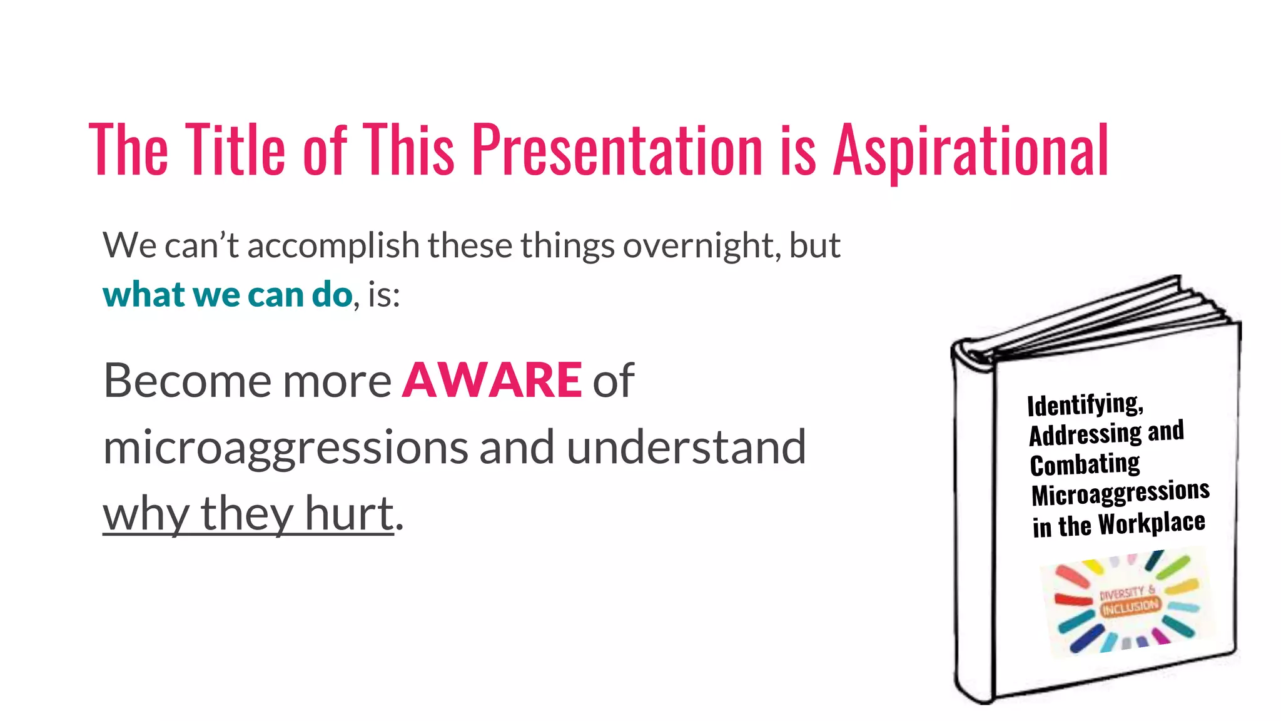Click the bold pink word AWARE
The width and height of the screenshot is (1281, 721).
point(492,380)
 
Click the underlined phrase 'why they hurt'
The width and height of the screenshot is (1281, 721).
point(248,513)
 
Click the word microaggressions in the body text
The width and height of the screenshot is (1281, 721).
point(285,448)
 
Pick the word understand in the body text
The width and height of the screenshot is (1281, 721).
point(686,447)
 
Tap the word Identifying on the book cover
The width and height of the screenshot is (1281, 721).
point(1085,404)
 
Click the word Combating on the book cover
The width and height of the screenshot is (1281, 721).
point(1085,464)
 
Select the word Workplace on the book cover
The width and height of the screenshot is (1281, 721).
point(1152,523)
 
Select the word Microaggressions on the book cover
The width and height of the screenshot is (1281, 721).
point(1120,493)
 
